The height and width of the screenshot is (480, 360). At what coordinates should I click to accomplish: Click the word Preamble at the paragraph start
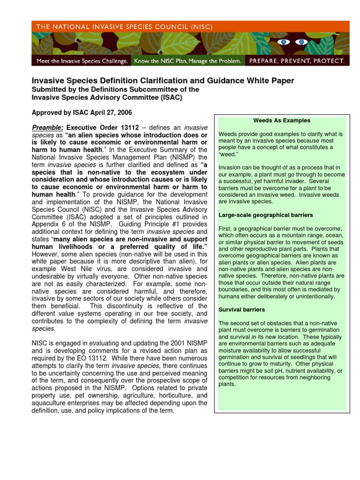(x=47, y=128)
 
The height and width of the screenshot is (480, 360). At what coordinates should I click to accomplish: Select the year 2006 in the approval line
(x=124, y=112)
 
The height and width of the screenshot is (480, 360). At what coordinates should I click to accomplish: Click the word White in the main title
(x=252, y=81)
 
